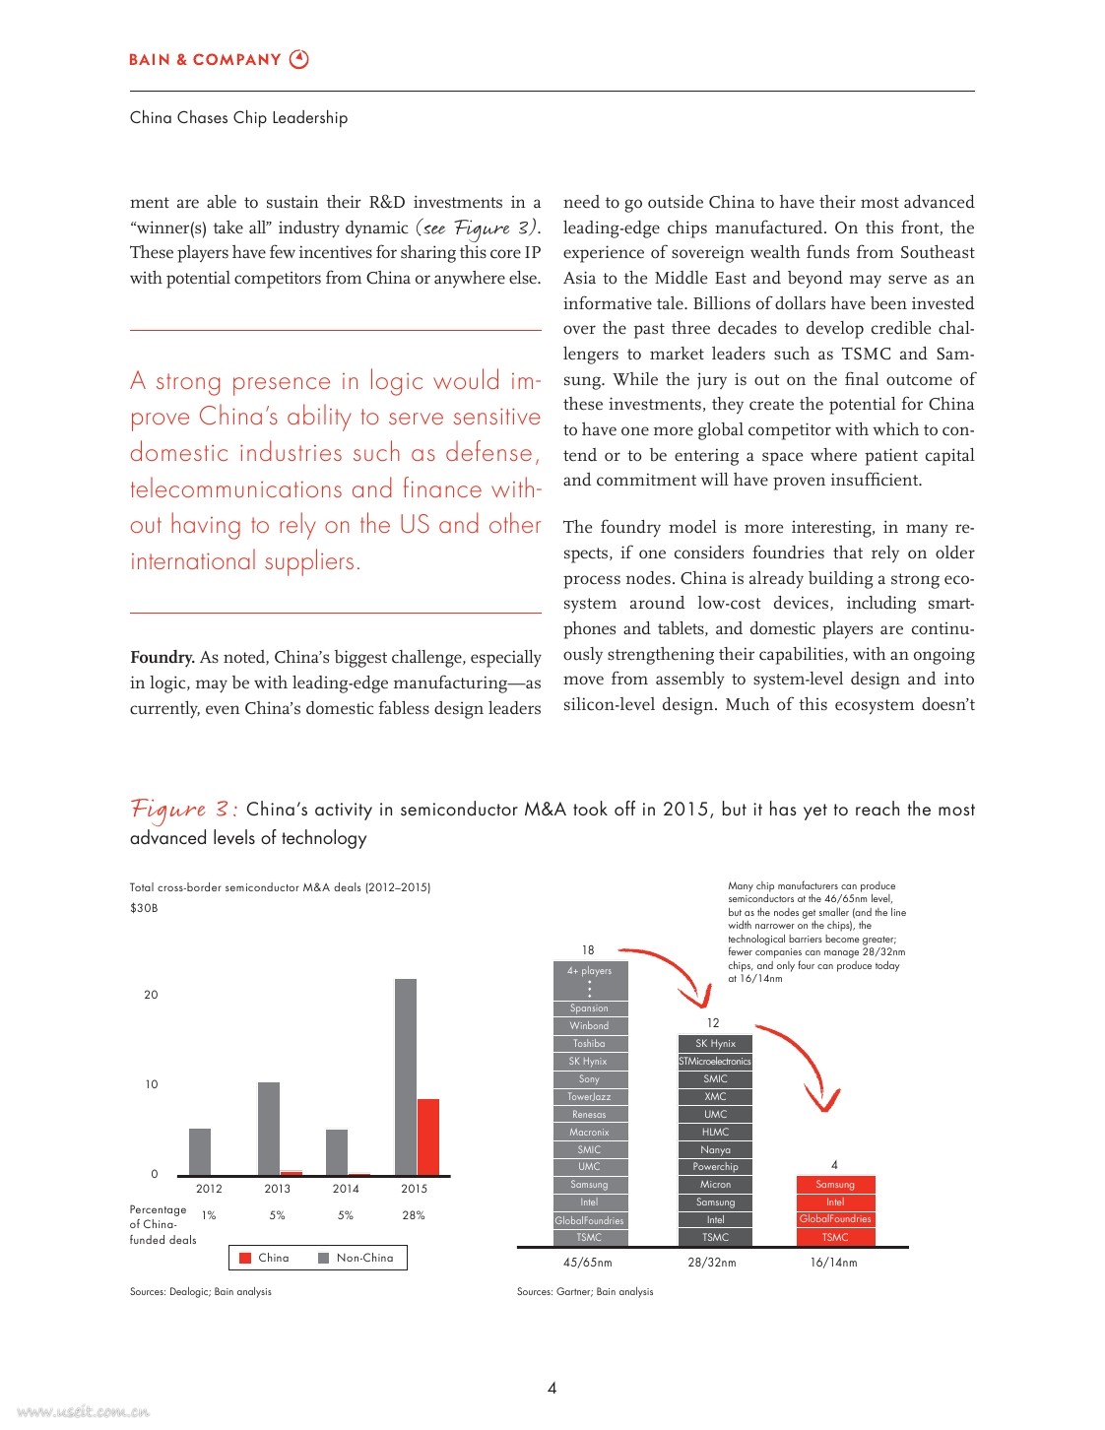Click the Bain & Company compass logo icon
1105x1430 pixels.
(299, 59)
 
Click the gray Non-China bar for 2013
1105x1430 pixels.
(269, 1128)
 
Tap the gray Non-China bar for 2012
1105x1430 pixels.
(200, 1151)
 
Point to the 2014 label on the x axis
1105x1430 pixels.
(346, 1189)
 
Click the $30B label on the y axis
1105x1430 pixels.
(144, 908)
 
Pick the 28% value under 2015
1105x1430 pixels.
(414, 1215)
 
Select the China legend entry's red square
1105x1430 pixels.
(246, 1258)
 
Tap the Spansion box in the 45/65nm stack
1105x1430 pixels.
(589, 1008)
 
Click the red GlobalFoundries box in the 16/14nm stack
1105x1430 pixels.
(835, 1219)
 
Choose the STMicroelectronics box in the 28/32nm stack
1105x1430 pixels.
(715, 1062)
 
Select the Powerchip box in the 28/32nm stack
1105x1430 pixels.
(715, 1167)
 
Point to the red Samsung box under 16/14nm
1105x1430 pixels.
(835, 1185)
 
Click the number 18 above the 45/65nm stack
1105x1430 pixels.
(588, 950)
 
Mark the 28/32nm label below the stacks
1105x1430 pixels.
(712, 1263)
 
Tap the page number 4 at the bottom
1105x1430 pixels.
(552, 1388)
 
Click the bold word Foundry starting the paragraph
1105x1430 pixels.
(162, 658)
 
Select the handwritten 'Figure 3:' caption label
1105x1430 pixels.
(183, 810)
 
